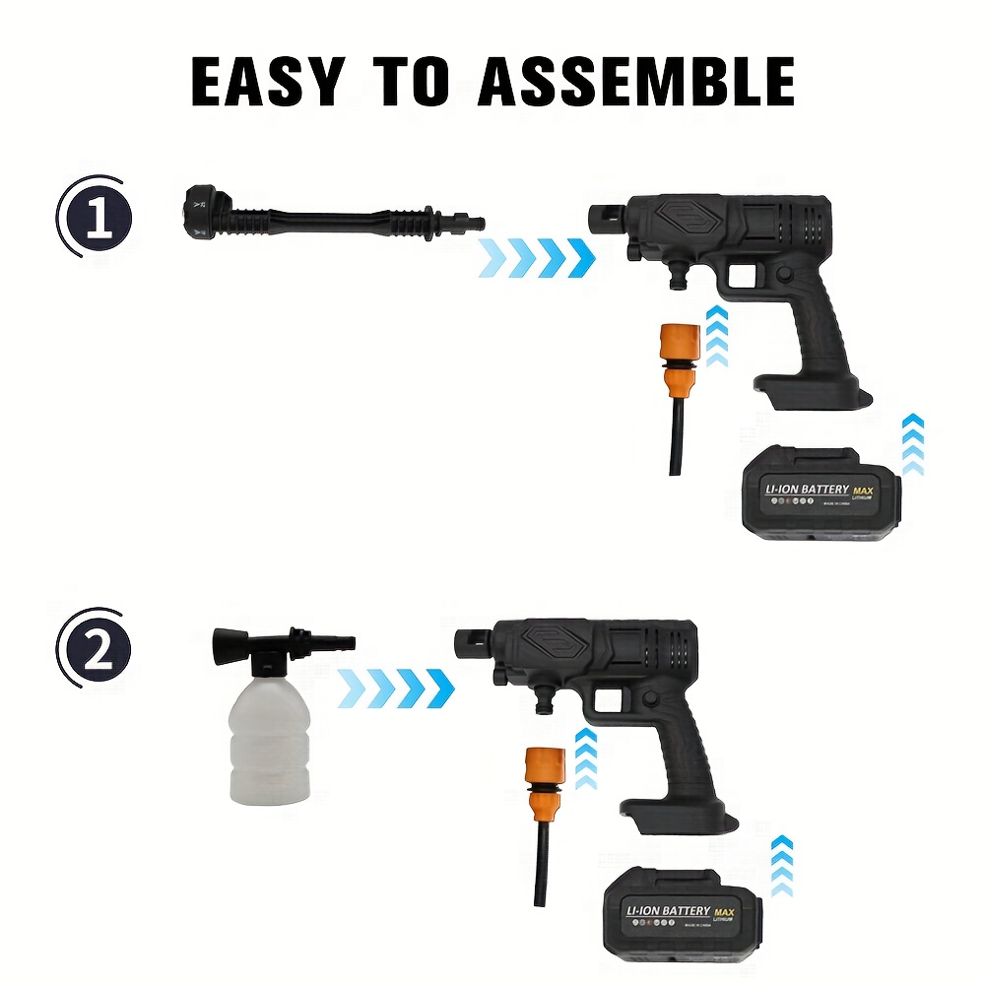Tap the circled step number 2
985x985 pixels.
click(x=96, y=654)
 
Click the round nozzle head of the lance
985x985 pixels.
click(x=203, y=210)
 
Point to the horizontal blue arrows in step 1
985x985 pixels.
click(x=538, y=257)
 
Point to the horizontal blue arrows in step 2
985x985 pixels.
click(x=395, y=687)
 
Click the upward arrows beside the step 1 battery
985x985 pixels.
click(x=913, y=442)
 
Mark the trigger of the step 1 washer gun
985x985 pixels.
click(x=757, y=287)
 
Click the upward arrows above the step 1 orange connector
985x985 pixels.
click(x=717, y=335)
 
